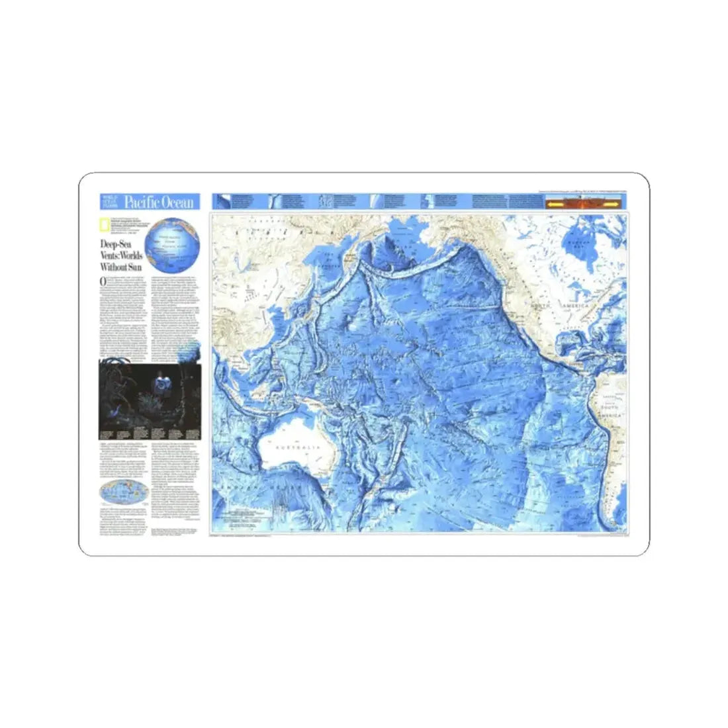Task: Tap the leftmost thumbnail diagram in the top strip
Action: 225,201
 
